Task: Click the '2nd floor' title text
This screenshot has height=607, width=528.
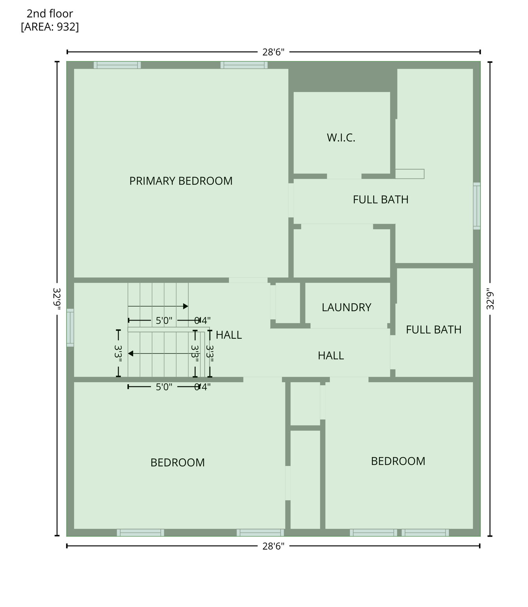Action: click(x=50, y=14)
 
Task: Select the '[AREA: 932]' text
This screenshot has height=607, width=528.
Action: click(x=50, y=27)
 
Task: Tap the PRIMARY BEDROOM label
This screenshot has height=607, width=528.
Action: click(x=181, y=181)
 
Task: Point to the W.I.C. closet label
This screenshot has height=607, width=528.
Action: click(x=341, y=138)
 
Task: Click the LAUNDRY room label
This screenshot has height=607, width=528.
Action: click(x=346, y=307)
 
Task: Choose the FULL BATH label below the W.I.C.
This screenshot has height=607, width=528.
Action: click(x=380, y=200)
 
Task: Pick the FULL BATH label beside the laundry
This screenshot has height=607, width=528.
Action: click(x=433, y=330)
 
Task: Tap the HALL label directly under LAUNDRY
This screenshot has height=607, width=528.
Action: click(x=330, y=356)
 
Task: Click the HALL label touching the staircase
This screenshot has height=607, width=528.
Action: click(x=228, y=335)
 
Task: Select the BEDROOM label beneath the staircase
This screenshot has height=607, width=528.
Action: click(x=177, y=462)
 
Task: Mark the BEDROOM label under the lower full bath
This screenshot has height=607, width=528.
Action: click(x=398, y=461)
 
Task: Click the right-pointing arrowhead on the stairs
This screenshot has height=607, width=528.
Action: click(x=186, y=306)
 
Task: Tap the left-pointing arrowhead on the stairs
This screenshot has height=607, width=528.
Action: click(x=131, y=353)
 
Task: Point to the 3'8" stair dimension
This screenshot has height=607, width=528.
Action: click(x=195, y=354)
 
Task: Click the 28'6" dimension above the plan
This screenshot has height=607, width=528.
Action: click(x=273, y=52)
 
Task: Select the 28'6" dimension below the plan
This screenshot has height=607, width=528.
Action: click(x=273, y=546)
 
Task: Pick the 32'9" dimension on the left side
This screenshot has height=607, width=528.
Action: click(x=57, y=299)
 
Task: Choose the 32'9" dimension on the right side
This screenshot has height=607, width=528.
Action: click(x=490, y=299)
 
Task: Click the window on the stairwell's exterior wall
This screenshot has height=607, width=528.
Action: click(x=70, y=328)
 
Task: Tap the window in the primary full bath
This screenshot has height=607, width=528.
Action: click(x=477, y=206)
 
